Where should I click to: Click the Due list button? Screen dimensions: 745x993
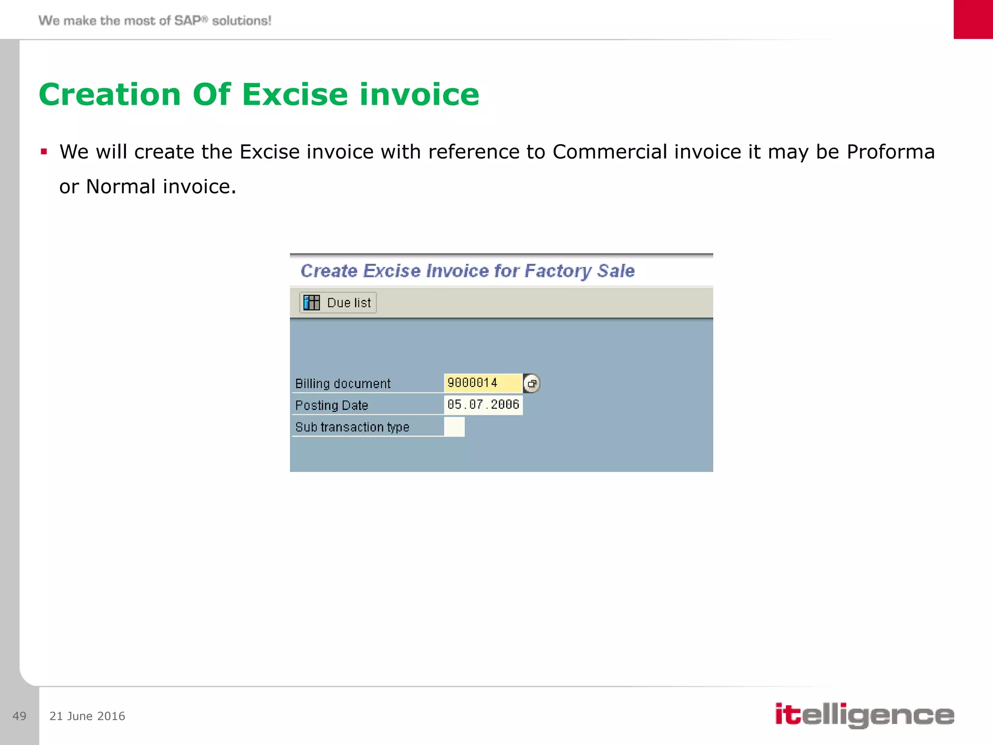coord(338,303)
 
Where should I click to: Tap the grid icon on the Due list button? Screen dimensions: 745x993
coord(311,303)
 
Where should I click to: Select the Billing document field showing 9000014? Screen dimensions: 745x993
coord(482,383)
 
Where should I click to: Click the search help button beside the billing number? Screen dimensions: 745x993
coord(532,384)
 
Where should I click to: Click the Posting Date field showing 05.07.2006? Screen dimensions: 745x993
coord(483,405)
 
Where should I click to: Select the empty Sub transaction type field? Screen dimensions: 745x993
coord(454,427)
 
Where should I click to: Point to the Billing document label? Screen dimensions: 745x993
coord(343,384)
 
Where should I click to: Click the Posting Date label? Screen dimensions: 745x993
coord(332,405)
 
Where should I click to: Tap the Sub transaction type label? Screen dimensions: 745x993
coord(352,427)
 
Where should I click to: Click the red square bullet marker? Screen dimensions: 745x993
coord(44,152)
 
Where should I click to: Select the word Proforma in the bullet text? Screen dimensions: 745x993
coord(890,152)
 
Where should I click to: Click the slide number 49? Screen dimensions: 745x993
coord(19,716)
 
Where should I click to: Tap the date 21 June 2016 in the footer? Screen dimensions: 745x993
coord(87,716)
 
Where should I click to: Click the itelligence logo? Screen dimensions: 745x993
coord(864,715)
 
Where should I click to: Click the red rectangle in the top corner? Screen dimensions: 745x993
coord(973,19)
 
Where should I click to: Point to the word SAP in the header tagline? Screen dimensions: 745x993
coord(187,20)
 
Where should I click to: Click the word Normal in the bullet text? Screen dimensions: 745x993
coord(121,187)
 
